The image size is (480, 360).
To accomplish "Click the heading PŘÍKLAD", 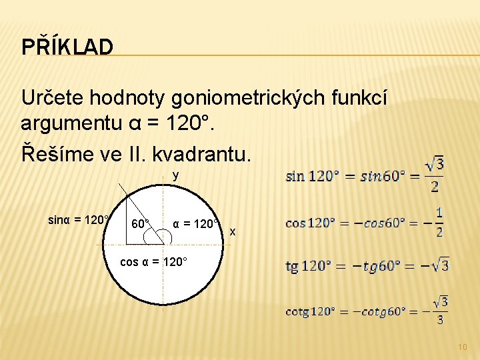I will [67, 47].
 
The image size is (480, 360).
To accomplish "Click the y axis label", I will [175, 176].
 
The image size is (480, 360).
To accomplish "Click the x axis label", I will [232, 231].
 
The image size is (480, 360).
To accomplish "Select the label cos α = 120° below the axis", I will [153, 261].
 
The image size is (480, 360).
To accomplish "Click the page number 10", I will [463, 347].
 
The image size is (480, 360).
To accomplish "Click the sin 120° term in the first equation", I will [311, 177].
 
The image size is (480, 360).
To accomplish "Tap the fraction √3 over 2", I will [435, 175].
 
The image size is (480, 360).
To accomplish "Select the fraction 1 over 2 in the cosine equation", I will [439, 222].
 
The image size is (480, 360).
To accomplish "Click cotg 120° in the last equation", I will [310, 311].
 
